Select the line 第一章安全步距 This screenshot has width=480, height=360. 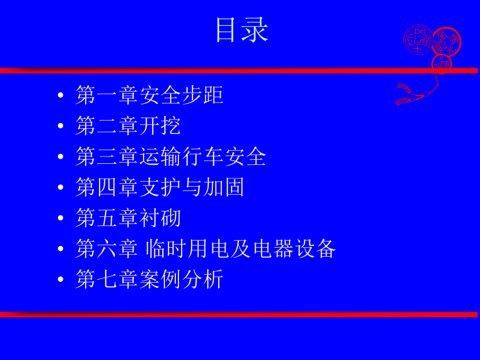click(x=149, y=95)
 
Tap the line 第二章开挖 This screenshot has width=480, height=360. click(x=128, y=126)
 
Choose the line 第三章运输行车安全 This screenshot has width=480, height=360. click(x=171, y=157)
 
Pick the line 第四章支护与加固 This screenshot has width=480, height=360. click(x=160, y=187)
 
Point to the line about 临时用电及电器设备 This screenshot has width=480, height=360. click(x=206, y=249)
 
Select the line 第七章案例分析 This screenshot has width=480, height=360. click(x=149, y=280)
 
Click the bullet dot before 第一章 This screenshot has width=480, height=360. click(x=61, y=96)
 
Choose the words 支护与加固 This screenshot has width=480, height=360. click(x=192, y=187)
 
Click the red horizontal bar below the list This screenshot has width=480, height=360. click(x=240, y=314)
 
